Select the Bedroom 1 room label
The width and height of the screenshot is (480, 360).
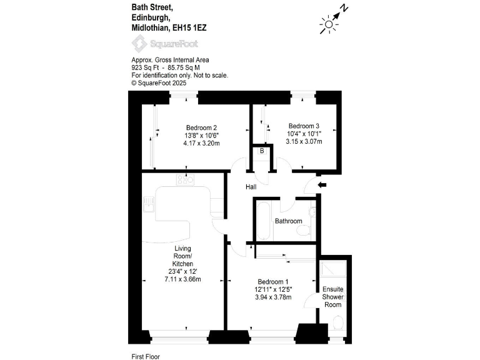click(x=273, y=281)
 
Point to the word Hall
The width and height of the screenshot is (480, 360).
click(x=251, y=186)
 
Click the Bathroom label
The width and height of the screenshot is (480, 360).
click(x=289, y=221)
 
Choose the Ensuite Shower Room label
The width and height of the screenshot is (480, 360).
click(x=332, y=297)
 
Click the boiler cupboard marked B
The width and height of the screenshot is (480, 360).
click(x=262, y=151)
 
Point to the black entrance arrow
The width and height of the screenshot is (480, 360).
click(x=322, y=185)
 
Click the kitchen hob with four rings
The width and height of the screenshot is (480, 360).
click(x=186, y=180)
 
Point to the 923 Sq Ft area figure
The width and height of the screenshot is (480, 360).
click(x=144, y=67)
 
